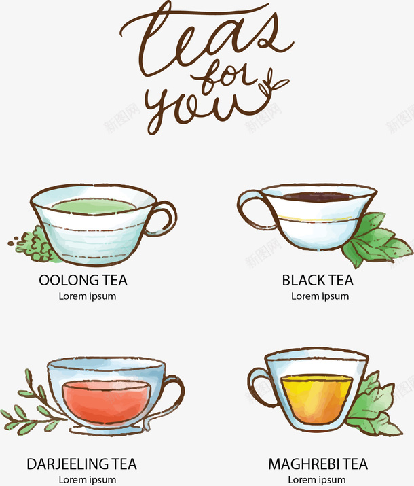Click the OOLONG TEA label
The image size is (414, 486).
(x=83, y=280)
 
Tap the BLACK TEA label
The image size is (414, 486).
(x=318, y=280)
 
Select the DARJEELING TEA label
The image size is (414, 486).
(x=81, y=464)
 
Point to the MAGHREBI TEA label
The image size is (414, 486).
(x=318, y=464)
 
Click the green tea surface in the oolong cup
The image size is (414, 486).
(x=94, y=206)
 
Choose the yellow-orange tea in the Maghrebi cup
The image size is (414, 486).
(x=317, y=399)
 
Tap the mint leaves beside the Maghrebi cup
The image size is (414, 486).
(x=375, y=406)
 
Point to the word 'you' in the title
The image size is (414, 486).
(x=198, y=109)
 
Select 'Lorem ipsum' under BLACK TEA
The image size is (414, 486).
(x=320, y=296)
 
